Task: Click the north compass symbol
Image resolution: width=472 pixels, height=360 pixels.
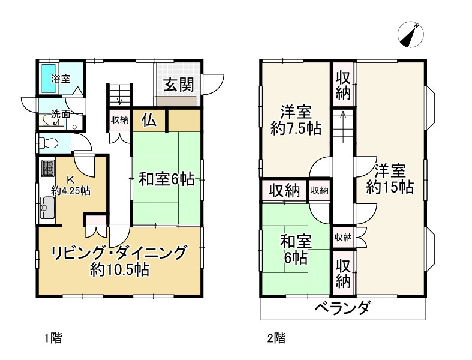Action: click(x=411, y=34)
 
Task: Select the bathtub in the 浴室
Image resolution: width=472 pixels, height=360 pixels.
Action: click(x=49, y=79)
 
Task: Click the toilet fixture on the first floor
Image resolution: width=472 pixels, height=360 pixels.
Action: click(x=48, y=143)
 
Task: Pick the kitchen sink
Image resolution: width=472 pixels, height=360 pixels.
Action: click(x=47, y=208)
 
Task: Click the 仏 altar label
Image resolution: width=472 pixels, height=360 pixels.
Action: click(x=149, y=121)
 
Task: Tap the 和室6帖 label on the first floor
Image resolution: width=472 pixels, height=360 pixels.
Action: click(x=166, y=179)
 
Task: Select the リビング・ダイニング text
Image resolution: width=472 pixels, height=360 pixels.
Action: click(x=119, y=253)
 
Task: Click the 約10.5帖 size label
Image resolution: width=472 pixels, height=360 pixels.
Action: click(x=119, y=270)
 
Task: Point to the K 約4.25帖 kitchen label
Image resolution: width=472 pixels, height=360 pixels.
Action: click(x=71, y=185)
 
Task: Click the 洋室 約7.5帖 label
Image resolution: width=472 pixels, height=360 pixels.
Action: click(x=296, y=120)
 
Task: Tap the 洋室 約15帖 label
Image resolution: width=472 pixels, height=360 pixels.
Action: click(x=390, y=179)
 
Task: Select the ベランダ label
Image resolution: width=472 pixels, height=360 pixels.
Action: click(x=342, y=308)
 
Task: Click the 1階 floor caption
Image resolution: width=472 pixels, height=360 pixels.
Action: click(x=53, y=338)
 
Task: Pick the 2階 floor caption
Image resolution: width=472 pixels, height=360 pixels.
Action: click(x=276, y=338)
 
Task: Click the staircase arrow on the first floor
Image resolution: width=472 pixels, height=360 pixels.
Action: click(x=119, y=94)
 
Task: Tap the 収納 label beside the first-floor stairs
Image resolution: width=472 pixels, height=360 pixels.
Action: click(x=119, y=120)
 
